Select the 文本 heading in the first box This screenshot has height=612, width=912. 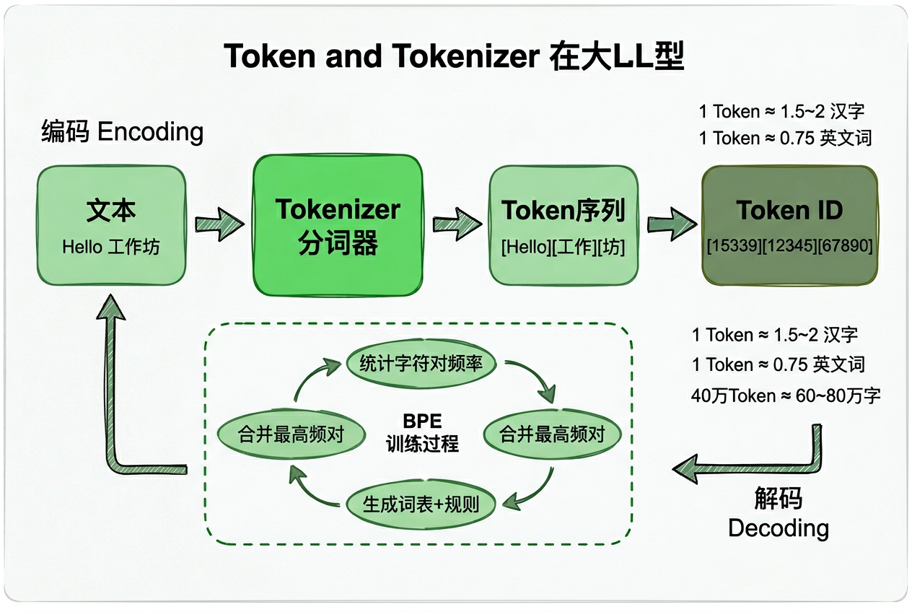111,211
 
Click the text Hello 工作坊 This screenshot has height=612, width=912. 111,247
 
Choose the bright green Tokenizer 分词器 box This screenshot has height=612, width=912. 337,226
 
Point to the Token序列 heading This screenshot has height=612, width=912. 563,211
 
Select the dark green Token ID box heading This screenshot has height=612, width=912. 789,211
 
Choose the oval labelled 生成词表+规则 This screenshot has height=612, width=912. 422,503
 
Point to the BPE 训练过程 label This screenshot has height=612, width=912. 422,432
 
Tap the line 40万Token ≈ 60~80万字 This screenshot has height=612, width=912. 786,395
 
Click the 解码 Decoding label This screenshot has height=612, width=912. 779,513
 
